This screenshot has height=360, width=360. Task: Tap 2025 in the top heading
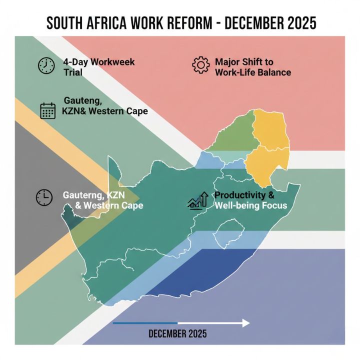pos(297,23)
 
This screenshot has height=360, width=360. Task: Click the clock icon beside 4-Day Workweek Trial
pos(46,66)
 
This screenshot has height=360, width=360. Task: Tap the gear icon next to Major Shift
pos(200,65)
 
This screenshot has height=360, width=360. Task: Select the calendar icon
pos(47,110)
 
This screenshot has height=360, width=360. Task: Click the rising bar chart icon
pos(198,201)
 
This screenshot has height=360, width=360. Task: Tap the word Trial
pos(73,72)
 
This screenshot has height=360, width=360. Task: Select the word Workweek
pos(112,62)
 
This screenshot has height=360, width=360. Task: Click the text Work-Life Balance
pos(253,72)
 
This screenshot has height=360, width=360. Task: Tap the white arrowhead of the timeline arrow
pos(245,323)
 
